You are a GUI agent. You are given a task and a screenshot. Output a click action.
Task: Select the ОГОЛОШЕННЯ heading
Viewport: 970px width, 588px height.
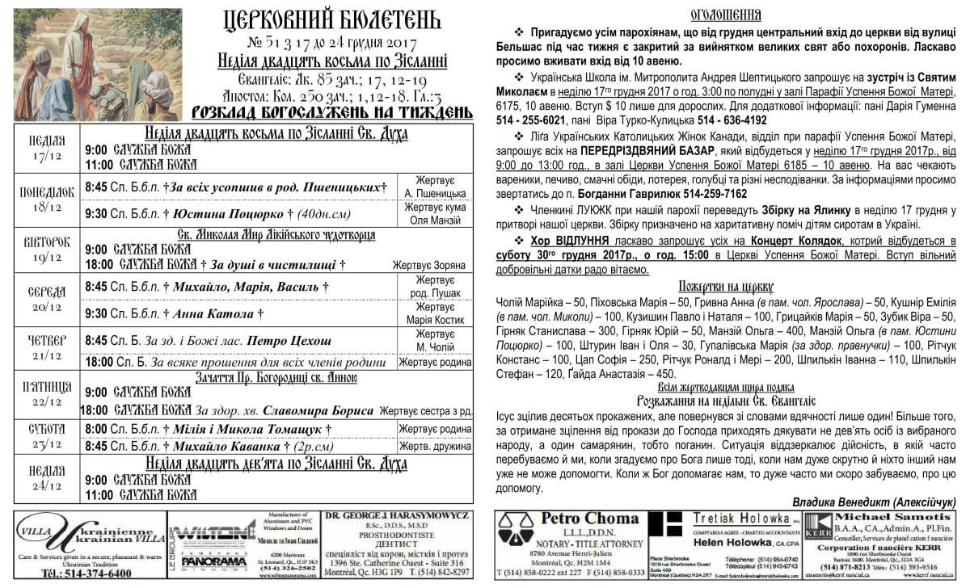[725, 15]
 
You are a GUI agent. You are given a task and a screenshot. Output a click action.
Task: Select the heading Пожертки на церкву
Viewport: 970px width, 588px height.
[725, 286]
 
